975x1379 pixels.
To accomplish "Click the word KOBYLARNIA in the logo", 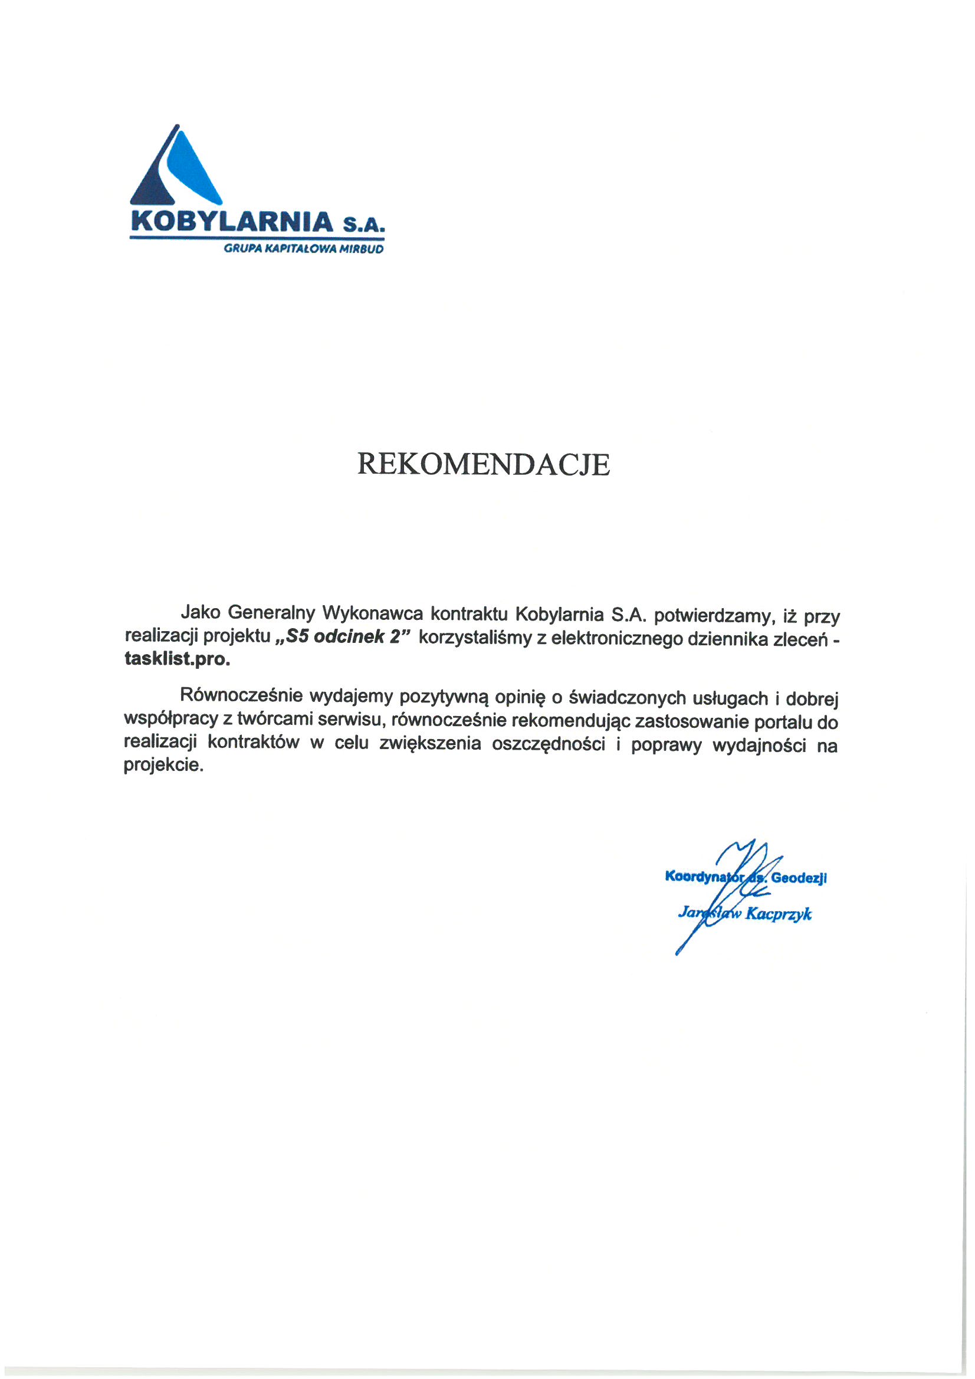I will coord(231,222).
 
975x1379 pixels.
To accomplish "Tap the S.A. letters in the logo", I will coord(362,225).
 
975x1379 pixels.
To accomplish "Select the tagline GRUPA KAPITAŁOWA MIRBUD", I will coord(303,249).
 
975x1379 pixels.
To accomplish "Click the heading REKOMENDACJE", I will coord(484,464).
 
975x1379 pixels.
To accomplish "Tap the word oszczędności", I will coord(548,745).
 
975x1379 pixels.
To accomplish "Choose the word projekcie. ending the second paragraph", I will coord(163,766).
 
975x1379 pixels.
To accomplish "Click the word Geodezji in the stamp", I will coord(799,878).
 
